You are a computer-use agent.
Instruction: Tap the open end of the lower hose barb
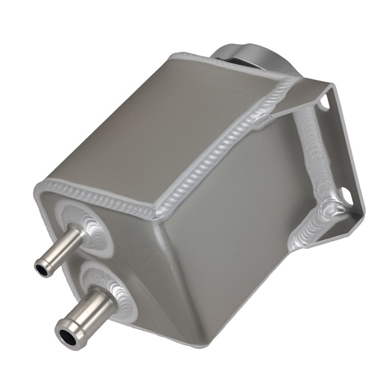[67, 335]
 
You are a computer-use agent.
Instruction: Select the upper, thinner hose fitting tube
[62, 248]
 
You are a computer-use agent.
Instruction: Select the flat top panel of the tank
[161, 123]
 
